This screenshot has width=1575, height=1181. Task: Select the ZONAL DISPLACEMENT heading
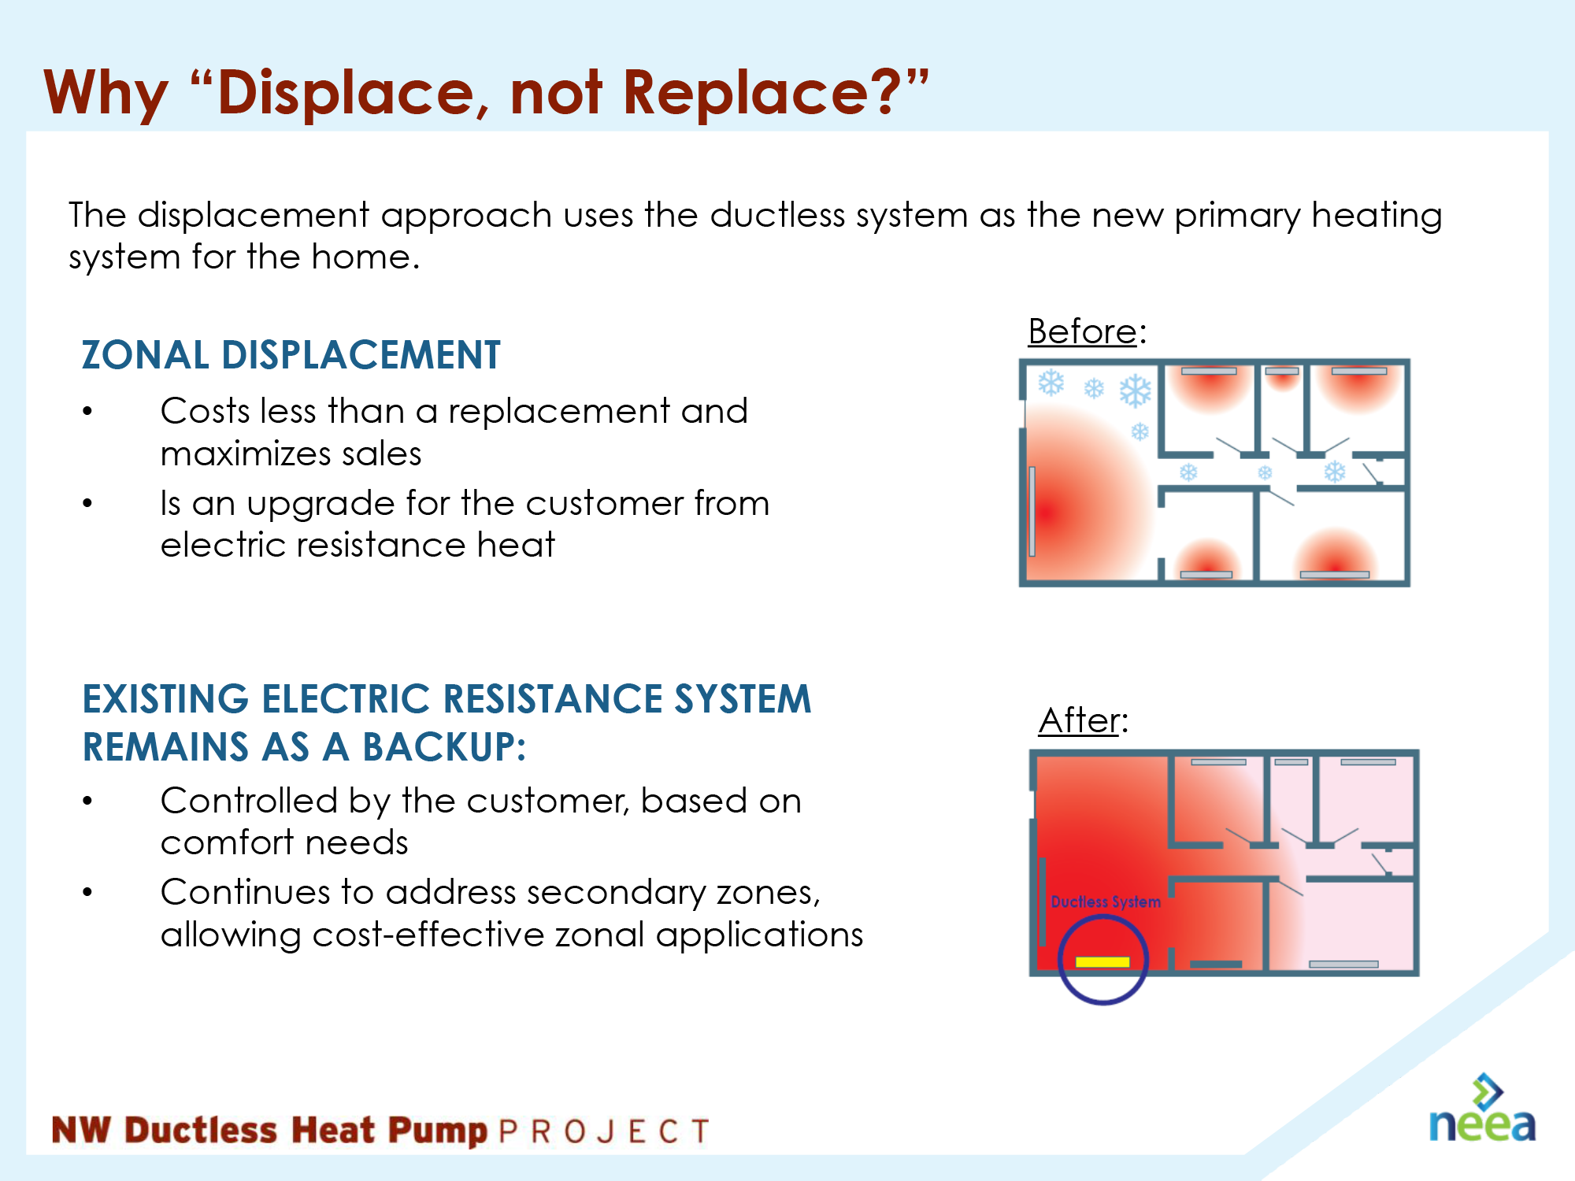291,354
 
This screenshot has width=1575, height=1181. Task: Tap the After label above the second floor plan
1079,720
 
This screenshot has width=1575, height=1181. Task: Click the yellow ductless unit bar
1102,961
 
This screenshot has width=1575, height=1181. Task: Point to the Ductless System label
1106,901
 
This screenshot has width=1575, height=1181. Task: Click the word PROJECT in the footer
604,1131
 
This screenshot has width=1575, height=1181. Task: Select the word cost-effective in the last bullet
428,935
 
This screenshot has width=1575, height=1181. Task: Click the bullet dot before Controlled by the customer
87,801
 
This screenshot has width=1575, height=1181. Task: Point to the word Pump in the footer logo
437,1131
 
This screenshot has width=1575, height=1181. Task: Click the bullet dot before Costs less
87,411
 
